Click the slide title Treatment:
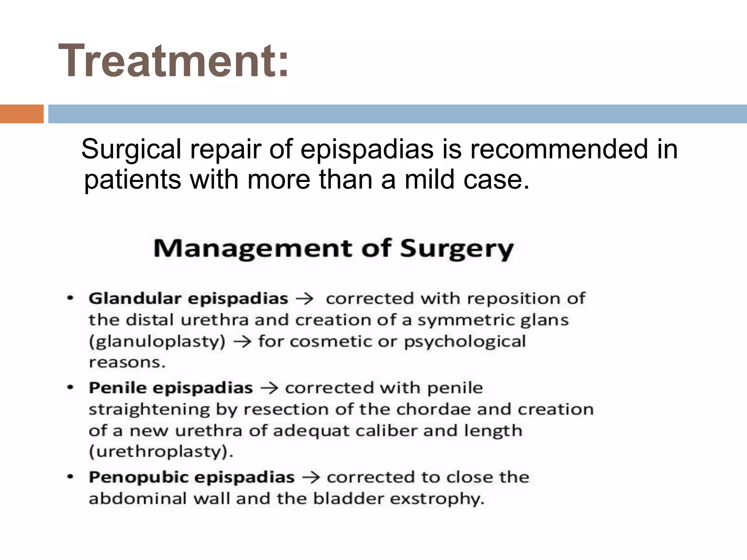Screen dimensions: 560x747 click(x=174, y=61)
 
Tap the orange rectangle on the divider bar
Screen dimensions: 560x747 click(x=22, y=114)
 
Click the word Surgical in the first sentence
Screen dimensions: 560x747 click(x=131, y=149)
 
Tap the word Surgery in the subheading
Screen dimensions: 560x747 click(x=457, y=249)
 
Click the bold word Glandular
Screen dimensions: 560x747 click(x=135, y=299)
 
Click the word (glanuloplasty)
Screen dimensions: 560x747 click(x=157, y=342)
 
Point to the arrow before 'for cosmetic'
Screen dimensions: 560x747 click(x=242, y=342)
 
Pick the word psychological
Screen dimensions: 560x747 click(x=465, y=342)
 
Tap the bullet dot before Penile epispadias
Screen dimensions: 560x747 click(x=71, y=388)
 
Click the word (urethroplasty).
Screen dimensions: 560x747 click(x=161, y=452)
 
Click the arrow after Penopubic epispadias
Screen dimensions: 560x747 click(x=311, y=478)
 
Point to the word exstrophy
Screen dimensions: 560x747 click(x=437, y=499)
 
